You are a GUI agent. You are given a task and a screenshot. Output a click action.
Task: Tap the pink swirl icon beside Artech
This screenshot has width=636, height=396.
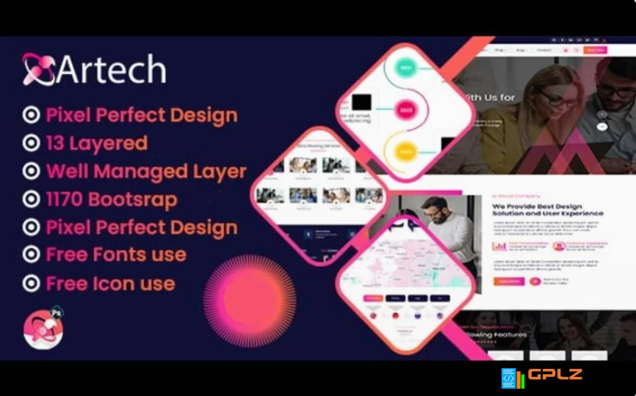(38, 69)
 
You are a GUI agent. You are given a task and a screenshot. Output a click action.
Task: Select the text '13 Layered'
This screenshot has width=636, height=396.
(96, 143)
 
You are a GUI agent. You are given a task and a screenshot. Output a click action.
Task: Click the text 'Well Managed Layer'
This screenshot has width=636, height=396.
(145, 172)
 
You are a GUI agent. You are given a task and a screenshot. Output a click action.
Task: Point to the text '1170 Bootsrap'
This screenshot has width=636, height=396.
(111, 199)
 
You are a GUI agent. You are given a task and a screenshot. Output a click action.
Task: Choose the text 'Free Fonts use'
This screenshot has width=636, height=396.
(115, 255)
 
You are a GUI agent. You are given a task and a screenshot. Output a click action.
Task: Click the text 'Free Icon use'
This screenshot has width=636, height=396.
(110, 284)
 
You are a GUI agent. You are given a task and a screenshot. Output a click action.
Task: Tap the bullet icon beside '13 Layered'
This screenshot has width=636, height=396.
(31, 144)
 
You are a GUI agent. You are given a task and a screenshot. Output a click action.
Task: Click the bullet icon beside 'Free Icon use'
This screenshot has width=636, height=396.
(31, 284)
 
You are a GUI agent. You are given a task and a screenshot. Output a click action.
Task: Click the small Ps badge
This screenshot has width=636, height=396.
(57, 313)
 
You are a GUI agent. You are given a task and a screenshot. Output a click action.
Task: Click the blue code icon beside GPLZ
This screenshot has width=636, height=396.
(508, 378)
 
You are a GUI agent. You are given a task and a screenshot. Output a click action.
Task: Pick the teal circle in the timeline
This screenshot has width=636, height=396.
(405, 69)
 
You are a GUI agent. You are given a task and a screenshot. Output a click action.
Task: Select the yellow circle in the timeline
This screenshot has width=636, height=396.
(405, 153)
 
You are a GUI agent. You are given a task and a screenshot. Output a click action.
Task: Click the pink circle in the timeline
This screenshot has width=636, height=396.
(405, 111)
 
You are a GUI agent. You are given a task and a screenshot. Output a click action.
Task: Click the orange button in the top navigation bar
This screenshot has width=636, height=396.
(595, 50)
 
